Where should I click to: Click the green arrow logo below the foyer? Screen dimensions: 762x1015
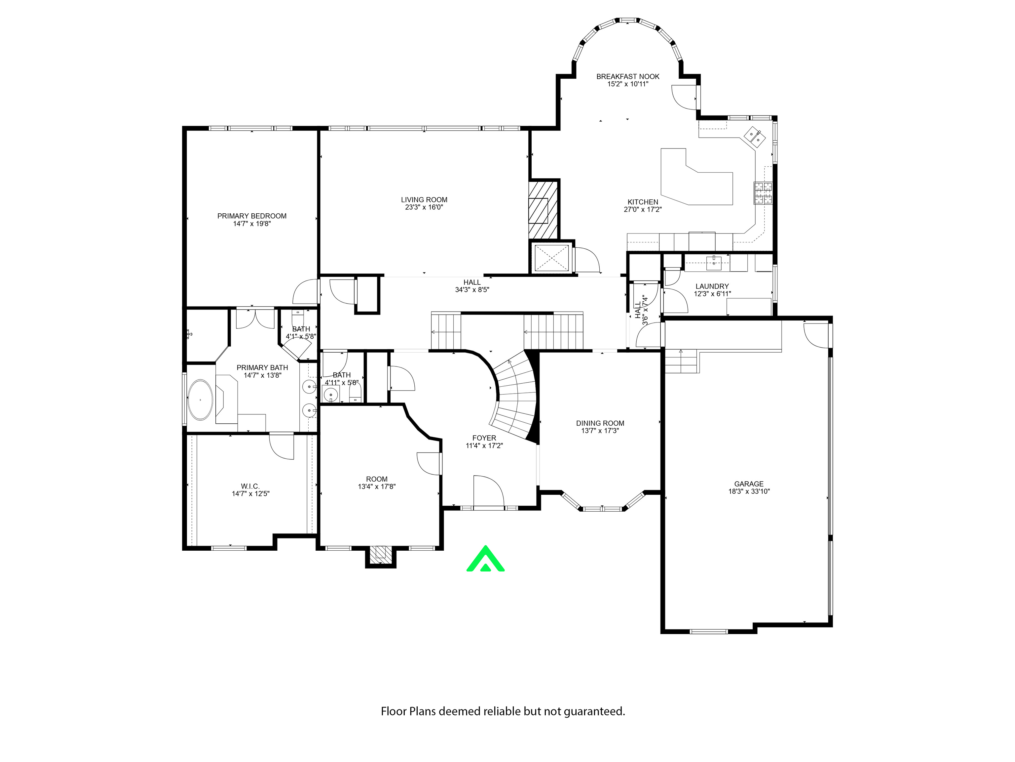click(485, 560)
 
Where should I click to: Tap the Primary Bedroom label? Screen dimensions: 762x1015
click(251, 216)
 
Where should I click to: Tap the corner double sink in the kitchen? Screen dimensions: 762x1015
click(754, 136)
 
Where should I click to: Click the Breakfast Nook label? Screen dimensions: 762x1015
click(628, 77)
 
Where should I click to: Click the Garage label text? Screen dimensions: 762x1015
click(748, 484)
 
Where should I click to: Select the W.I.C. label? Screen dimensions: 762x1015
click(250, 486)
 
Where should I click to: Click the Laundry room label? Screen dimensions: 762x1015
click(712, 286)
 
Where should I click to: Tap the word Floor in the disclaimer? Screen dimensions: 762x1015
click(393, 711)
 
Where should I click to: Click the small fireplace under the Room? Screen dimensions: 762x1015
click(380, 553)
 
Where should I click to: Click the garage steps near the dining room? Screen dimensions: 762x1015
click(681, 361)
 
